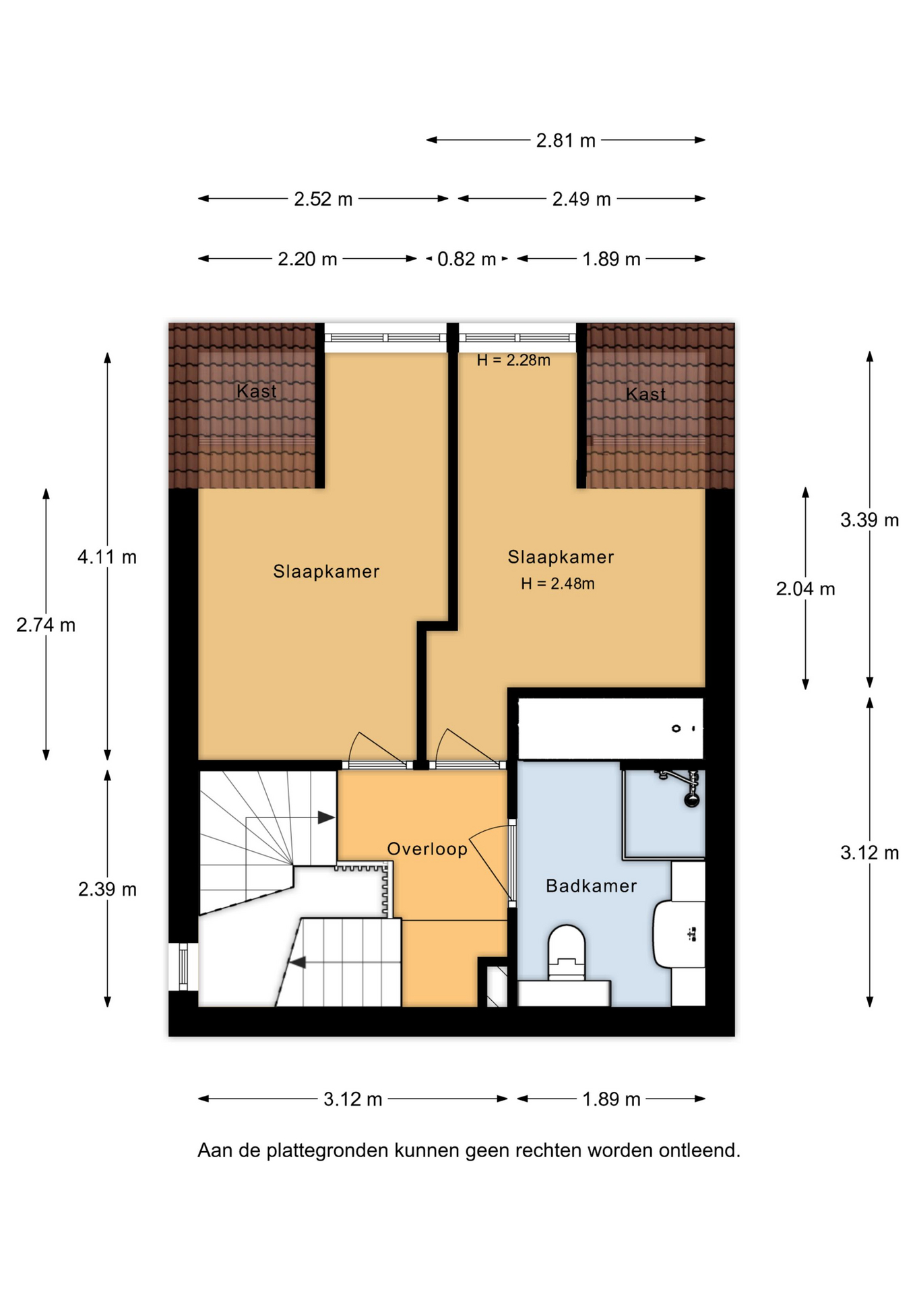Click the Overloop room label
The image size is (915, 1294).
pyautogui.click(x=427, y=849)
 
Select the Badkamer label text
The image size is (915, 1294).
pyautogui.click(x=591, y=886)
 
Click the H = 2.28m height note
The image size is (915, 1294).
pyautogui.click(x=513, y=361)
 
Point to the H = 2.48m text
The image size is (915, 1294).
pyautogui.click(x=557, y=584)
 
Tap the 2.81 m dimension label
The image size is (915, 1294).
pyautogui.click(x=566, y=140)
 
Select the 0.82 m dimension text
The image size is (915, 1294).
pyautogui.click(x=466, y=259)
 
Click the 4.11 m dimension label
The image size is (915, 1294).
pyautogui.click(x=107, y=557)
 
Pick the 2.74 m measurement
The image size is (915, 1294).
pyautogui.click(x=46, y=625)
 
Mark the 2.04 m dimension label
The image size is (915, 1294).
pyautogui.click(x=805, y=589)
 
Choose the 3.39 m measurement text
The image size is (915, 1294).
pyautogui.click(x=869, y=520)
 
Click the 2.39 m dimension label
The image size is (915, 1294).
pyautogui.click(x=107, y=889)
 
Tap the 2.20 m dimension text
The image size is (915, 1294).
pyautogui.click(x=307, y=259)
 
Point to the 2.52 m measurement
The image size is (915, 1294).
pyautogui.click(x=323, y=199)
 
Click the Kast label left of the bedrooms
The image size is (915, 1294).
pyautogui.click(x=257, y=391)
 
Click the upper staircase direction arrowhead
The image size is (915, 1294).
pyautogui.click(x=326, y=818)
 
